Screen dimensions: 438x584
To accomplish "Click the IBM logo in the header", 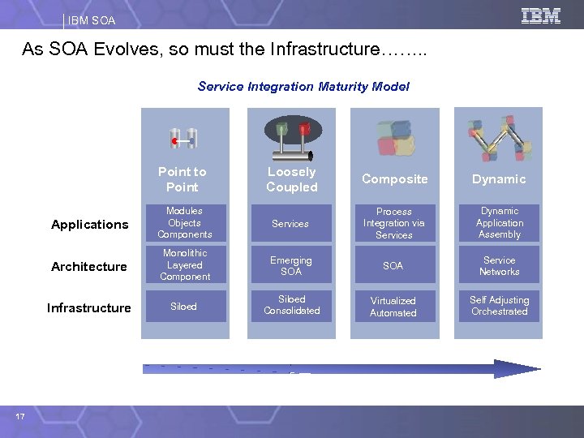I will [541, 15].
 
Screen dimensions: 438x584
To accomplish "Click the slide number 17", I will [20, 416].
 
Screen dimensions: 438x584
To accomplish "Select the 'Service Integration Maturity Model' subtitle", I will [303, 86].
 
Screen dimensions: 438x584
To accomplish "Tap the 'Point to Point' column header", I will [182, 179].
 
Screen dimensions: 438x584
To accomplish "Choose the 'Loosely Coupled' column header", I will [291, 179].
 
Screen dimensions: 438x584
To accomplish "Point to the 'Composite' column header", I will [394, 179].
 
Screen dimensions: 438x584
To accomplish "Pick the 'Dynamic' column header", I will [500, 179].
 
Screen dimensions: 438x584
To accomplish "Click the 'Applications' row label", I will [89, 225].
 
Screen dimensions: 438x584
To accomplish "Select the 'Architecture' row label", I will [89, 267].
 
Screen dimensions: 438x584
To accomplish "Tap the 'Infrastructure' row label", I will [89, 308].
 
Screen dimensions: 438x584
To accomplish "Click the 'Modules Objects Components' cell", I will [185, 223].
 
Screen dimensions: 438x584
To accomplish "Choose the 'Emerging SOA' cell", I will [290, 266].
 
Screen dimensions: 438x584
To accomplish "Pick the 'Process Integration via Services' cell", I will [394, 223].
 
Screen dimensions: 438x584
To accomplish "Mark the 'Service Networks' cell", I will [500, 266].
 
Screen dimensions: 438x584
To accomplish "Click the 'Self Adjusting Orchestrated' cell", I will [500, 306].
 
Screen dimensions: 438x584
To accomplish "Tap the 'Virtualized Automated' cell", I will [393, 307].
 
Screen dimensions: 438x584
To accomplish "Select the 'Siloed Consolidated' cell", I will [291, 305].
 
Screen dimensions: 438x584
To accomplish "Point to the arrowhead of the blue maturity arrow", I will [519, 369].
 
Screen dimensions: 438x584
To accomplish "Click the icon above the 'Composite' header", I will [395, 138].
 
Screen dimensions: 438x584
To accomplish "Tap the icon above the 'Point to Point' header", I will [183, 139].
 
